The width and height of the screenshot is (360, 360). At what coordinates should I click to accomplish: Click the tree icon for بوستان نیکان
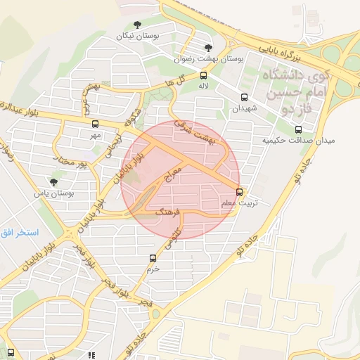pyautogui.click(x=137, y=25)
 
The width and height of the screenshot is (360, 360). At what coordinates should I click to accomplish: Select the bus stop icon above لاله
pyautogui.click(x=204, y=75)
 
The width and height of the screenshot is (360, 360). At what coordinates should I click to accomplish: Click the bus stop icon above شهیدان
pyautogui.click(x=244, y=98)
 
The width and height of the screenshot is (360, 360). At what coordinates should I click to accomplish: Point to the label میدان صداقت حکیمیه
pyautogui.click(x=299, y=140)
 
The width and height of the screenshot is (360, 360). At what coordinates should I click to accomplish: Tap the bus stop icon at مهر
pyautogui.click(x=95, y=124)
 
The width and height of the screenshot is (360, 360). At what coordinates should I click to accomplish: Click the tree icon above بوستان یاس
pyautogui.click(x=54, y=181)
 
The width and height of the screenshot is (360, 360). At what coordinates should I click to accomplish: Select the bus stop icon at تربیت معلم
pyautogui.click(x=240, y=191)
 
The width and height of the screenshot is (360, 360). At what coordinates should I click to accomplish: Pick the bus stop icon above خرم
pyautogui.click(x=153, y=258)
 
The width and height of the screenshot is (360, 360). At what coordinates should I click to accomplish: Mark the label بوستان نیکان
pyautogui.click(x=138, y=35)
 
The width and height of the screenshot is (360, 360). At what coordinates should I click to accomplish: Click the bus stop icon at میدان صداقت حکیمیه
pyautogui.click(x=299, y=129)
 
